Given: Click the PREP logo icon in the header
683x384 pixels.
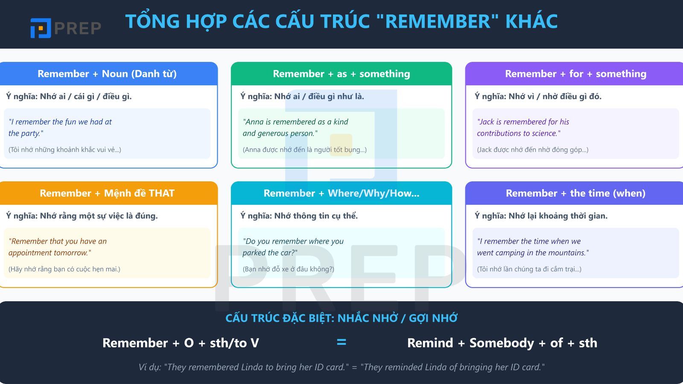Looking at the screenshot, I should coord(41,28).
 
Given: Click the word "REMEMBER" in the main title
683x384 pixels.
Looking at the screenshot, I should coord(438,21).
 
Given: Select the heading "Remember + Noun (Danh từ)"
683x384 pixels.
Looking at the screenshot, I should coord(107,74).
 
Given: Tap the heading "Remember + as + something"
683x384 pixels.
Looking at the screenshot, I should coord(341,74).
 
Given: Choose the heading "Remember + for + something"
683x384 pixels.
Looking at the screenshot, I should coord(575,74).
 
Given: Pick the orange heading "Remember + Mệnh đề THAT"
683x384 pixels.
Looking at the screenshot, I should coord(107,193).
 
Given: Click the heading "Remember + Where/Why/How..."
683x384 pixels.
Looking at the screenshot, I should coord(341,193).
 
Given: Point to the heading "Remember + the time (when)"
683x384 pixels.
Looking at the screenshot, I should coord(575,193).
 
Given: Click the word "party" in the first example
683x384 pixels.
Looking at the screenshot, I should coord(31,134).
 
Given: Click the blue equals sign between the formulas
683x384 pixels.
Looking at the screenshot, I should coord(341,342).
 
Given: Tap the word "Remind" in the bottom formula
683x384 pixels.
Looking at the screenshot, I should coord(430,343).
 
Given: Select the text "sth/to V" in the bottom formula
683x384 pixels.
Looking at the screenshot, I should coord(234,343).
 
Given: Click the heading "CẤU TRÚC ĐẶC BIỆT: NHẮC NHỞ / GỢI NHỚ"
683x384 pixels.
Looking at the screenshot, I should coord(341,318).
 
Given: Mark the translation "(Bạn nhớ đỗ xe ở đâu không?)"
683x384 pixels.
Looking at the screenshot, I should coord(289,269).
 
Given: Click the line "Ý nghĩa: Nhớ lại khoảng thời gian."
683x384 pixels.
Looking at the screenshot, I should coord(541,216).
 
